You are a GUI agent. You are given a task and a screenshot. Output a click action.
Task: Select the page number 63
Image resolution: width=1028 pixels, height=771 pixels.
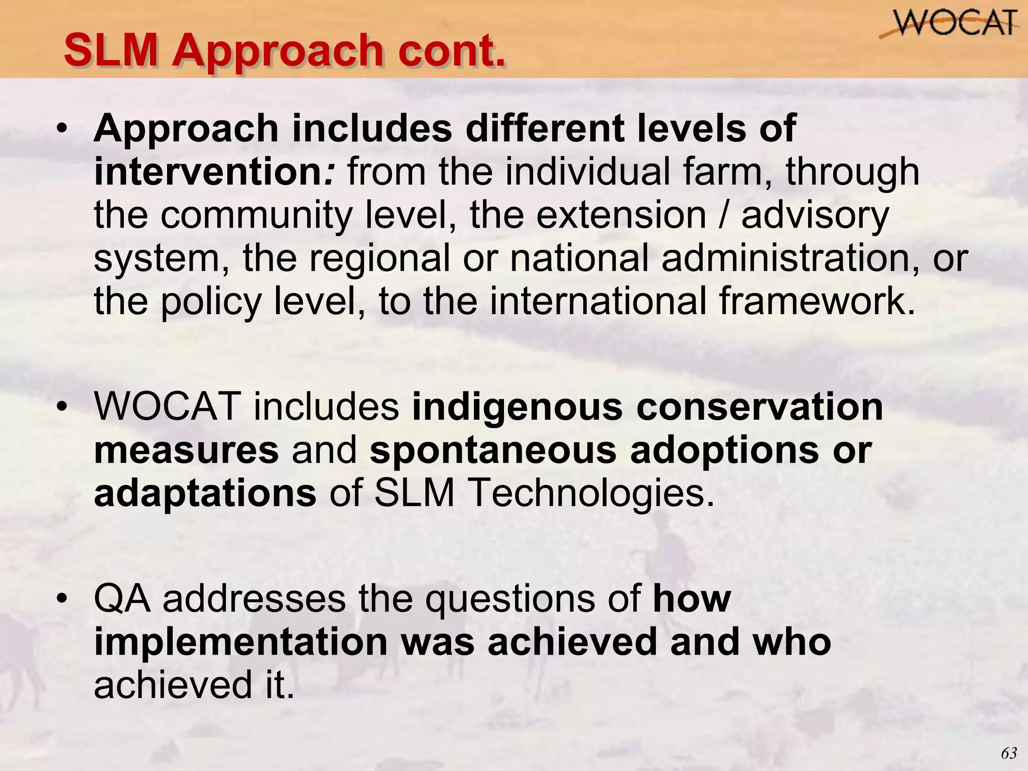pyautogui.click(x=1008, y=753)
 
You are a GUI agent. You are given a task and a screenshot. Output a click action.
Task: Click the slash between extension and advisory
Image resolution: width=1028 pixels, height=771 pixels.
pyautogui.click(x=723, y=215)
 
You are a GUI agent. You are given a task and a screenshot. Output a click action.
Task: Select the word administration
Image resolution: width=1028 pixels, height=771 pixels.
pyautogui.click(x=791, y=258)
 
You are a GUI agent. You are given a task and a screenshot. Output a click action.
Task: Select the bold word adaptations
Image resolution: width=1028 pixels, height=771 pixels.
pyautogui.click(x=205, y=493)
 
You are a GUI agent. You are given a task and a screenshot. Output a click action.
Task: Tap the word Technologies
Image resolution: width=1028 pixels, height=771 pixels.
pyautogui.click(x=590, y=493)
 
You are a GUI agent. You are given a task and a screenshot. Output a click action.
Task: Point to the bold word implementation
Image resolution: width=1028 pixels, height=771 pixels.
pyautogui.click(x=241, y=642)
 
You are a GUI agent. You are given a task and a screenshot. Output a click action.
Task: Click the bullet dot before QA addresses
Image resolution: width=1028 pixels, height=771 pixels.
pyautogui.click(x=62, y=599)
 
